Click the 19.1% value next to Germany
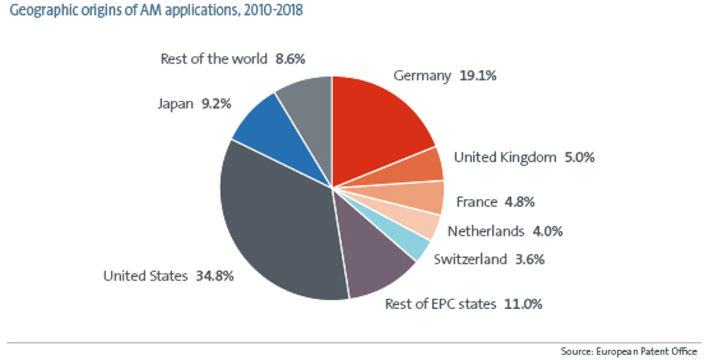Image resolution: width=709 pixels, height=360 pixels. [479, 76]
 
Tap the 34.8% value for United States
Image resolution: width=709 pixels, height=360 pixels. [214, 276]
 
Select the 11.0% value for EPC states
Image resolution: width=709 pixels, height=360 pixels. [523, 303]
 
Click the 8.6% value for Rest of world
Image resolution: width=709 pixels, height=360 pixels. [290, 58]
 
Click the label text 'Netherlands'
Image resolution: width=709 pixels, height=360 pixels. [485, 231]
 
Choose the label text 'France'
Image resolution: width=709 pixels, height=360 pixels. [476, 202]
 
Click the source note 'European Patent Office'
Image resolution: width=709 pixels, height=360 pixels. [652, 351]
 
